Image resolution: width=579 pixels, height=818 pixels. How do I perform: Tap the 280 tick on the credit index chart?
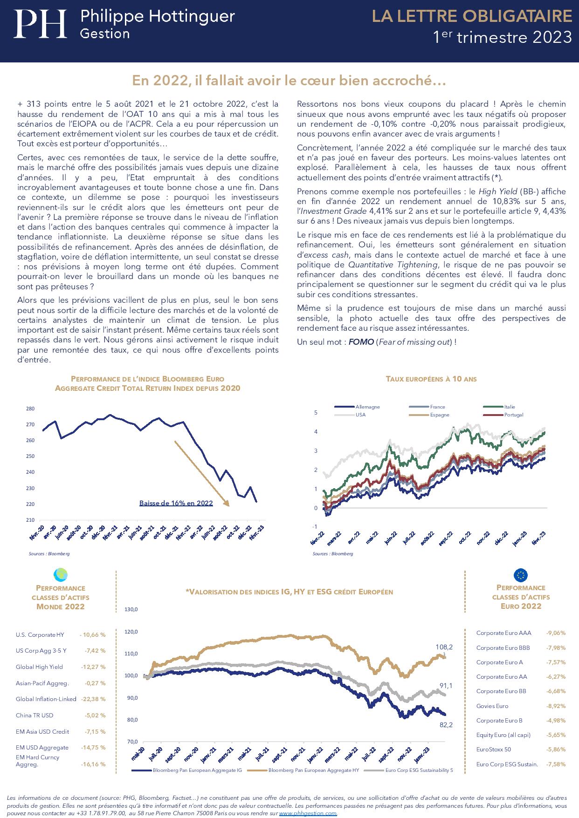pos(30,409)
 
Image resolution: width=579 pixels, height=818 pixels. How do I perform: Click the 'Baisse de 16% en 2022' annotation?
pos(176,503)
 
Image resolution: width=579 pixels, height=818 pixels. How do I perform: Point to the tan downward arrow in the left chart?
pos(201,473)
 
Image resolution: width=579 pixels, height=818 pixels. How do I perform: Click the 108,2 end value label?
pos(443,647)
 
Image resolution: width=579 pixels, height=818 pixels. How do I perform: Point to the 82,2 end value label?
pos(445,724)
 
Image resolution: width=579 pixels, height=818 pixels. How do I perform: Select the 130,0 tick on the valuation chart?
pos(131,610)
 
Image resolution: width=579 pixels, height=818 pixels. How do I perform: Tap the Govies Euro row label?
pos(492,706)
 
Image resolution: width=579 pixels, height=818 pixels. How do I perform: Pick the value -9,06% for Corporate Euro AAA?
pos(556,633)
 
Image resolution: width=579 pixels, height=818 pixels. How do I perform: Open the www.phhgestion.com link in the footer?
pos(308,813)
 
